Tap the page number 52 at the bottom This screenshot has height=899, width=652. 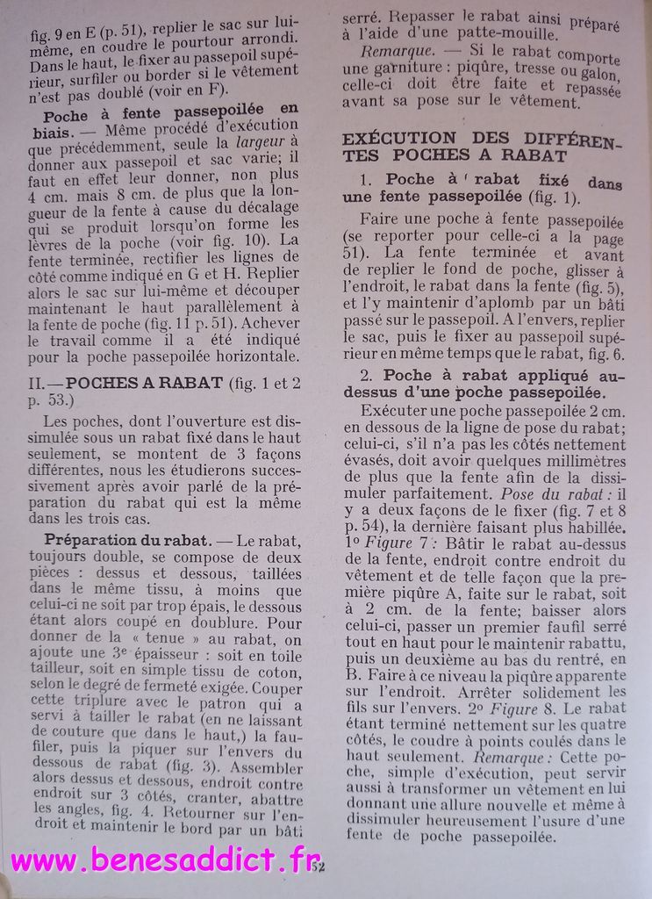pos(318,867)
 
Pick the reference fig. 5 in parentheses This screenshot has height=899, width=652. pos(595,286)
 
